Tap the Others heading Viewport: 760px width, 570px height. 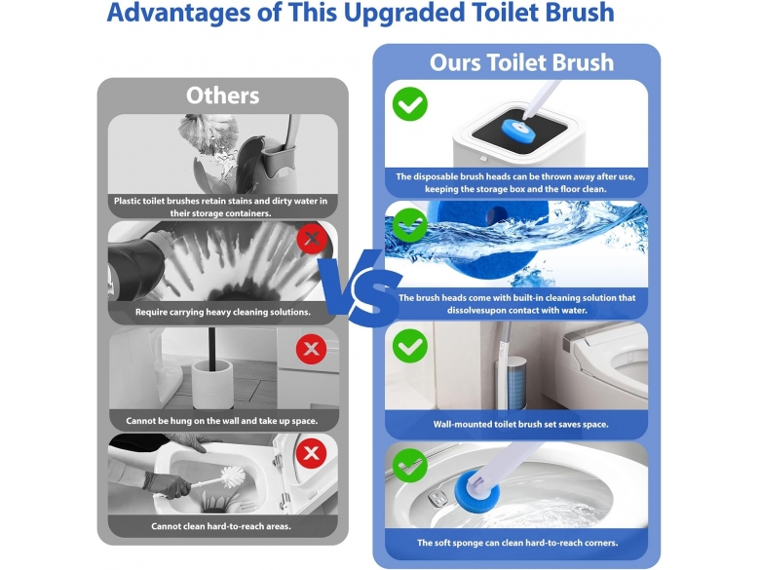223,95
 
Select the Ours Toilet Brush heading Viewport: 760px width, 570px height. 521,62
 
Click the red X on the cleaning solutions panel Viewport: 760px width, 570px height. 312,239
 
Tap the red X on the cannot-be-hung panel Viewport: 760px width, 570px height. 311,349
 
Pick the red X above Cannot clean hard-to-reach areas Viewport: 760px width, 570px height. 311,454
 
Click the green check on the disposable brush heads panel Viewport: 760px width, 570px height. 410,104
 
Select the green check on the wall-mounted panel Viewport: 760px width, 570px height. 410,346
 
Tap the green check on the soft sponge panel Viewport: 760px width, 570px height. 410,466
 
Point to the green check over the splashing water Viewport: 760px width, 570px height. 410,225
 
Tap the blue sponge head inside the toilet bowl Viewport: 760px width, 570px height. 475,491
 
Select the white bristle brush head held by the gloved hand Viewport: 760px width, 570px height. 233,477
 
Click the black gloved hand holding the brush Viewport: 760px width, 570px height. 168,483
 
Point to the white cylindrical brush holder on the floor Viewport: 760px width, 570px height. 212,384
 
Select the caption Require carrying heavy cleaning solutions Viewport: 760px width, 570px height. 223,312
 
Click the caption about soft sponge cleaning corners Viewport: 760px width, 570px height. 517,543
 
